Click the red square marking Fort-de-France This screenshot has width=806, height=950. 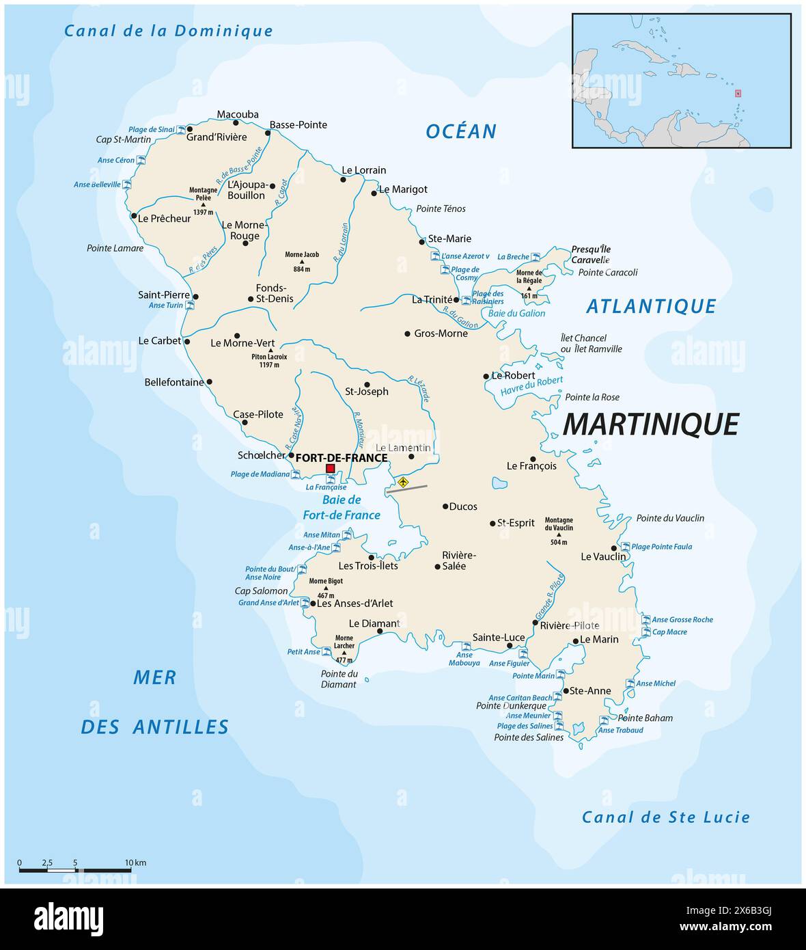coord(331,468)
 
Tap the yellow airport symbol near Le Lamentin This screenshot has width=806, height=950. coord(403,482)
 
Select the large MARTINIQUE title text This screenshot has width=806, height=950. coord(650,424)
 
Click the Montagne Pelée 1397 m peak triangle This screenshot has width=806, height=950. coord(203,204)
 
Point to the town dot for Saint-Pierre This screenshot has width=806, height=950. coord(196,297)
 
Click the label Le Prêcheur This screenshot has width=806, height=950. coord(164,219)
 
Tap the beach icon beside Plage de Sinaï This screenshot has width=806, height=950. coord(181,129)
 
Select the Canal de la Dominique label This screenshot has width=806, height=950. coord(168,31)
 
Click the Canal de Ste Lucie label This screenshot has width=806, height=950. coord(665,817)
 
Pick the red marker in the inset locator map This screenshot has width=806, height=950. coord(738,94)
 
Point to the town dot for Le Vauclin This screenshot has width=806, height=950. coord(614,548)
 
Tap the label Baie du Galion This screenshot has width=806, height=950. coord(516,313)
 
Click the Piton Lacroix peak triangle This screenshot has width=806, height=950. coord(270,351)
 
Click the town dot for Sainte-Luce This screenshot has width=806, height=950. coord(509,646)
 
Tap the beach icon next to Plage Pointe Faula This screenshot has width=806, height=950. coord(624,547)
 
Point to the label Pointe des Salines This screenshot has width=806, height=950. coord(529,737)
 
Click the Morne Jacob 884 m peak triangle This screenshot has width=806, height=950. coord(302,262)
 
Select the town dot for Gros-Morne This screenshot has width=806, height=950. coord(408,334)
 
